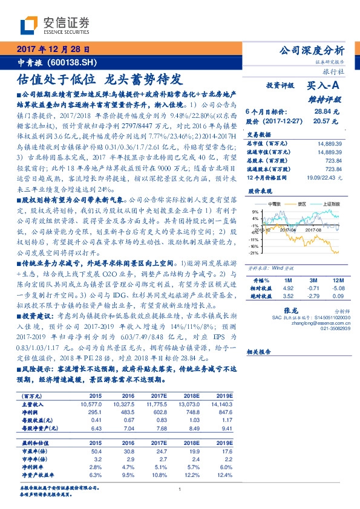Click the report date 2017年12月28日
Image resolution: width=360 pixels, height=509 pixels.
[x=53, y=50]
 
